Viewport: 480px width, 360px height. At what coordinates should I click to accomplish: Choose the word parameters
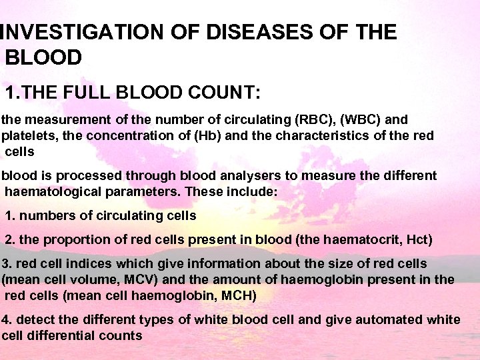coord(138,191)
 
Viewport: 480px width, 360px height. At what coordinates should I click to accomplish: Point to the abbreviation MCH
coord(238,295)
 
